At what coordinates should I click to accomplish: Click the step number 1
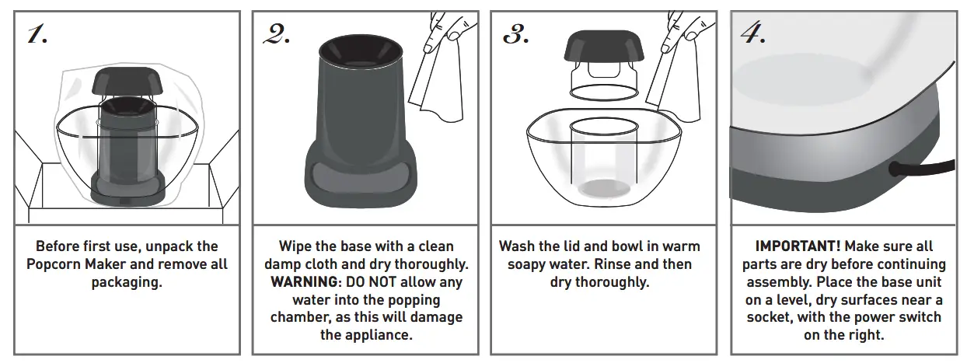[37, 34]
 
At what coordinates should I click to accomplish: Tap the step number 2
[277, 34]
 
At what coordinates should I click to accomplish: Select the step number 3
[516, 34]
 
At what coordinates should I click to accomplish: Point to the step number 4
[754, 33]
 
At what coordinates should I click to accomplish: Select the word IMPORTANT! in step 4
[798, 246]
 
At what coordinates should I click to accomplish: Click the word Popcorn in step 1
[54, 264]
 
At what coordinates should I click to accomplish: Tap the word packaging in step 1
[127, 282]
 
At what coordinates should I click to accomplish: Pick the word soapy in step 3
[528, 264]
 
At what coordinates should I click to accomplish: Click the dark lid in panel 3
[604, 46]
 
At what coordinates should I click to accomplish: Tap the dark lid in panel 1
[127, 81]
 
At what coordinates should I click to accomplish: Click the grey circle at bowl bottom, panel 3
[603, 189]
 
